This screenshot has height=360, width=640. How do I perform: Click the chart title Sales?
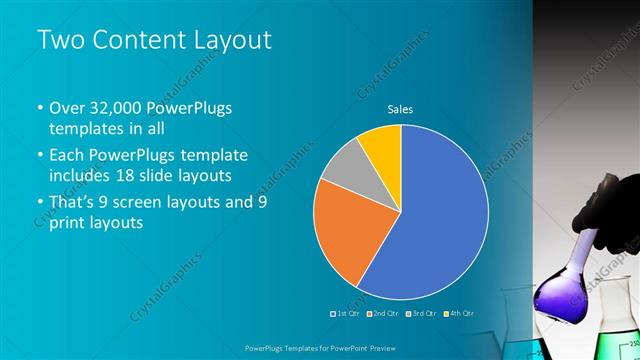400,110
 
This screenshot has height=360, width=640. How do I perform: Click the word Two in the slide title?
59,40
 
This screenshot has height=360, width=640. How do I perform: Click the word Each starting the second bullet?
68,156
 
